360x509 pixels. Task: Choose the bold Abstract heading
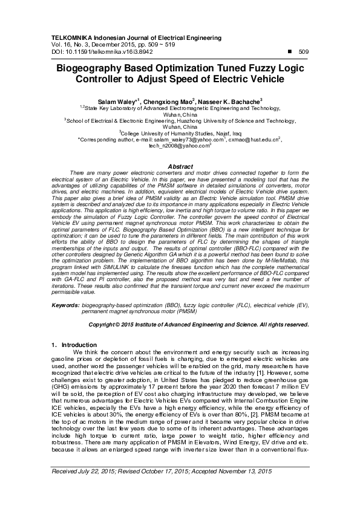tap(180, 166)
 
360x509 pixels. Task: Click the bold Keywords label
tap(66, 306)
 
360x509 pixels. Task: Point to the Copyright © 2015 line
tap(199, 325)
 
